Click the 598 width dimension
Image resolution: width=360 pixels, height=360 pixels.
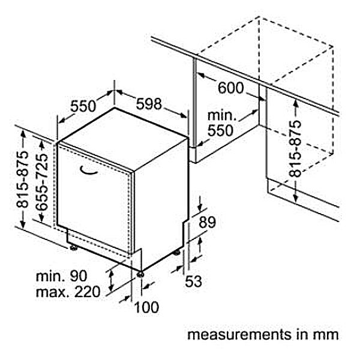tap(149, 104)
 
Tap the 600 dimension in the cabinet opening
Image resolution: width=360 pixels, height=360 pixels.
tap(230, 88)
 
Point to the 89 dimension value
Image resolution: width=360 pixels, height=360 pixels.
tap(207, 222)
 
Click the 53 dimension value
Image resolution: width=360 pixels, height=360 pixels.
tap(193, 281)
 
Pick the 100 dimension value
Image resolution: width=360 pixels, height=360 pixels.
tap(146, 307)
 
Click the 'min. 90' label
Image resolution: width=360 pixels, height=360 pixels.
tap(62, 276)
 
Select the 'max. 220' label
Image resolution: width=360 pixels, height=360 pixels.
tap(68, 292)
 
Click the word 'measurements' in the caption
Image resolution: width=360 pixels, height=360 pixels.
tap(239, 335)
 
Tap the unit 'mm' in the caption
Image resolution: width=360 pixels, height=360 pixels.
tap(326, 335)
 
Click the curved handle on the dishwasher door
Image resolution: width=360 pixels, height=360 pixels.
tap(89, 170)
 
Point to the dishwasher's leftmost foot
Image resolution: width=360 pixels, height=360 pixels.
tap(73, 248)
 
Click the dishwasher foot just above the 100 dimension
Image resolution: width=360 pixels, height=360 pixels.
tap(140, 274)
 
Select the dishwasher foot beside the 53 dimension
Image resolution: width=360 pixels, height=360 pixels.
tap(176, 253)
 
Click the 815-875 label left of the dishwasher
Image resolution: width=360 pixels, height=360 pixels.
tap(23, 179)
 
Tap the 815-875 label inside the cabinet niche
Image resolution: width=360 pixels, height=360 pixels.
tap(295, 149)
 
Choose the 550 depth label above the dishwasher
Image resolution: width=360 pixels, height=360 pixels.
tap(83, 106)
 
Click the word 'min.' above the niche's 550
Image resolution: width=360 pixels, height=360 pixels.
tap(222, 115)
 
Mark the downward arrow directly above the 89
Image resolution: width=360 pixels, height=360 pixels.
tap(200, 203)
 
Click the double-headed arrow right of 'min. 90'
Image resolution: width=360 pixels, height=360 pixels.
tap(112, 280)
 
